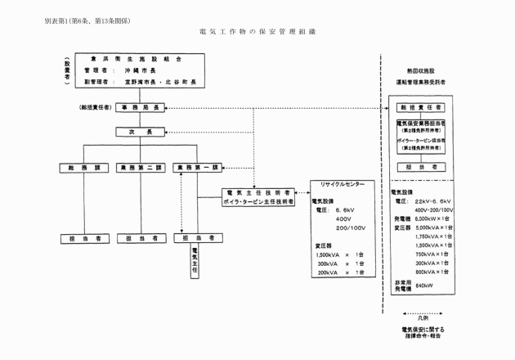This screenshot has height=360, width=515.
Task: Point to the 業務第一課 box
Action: (199, 167)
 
